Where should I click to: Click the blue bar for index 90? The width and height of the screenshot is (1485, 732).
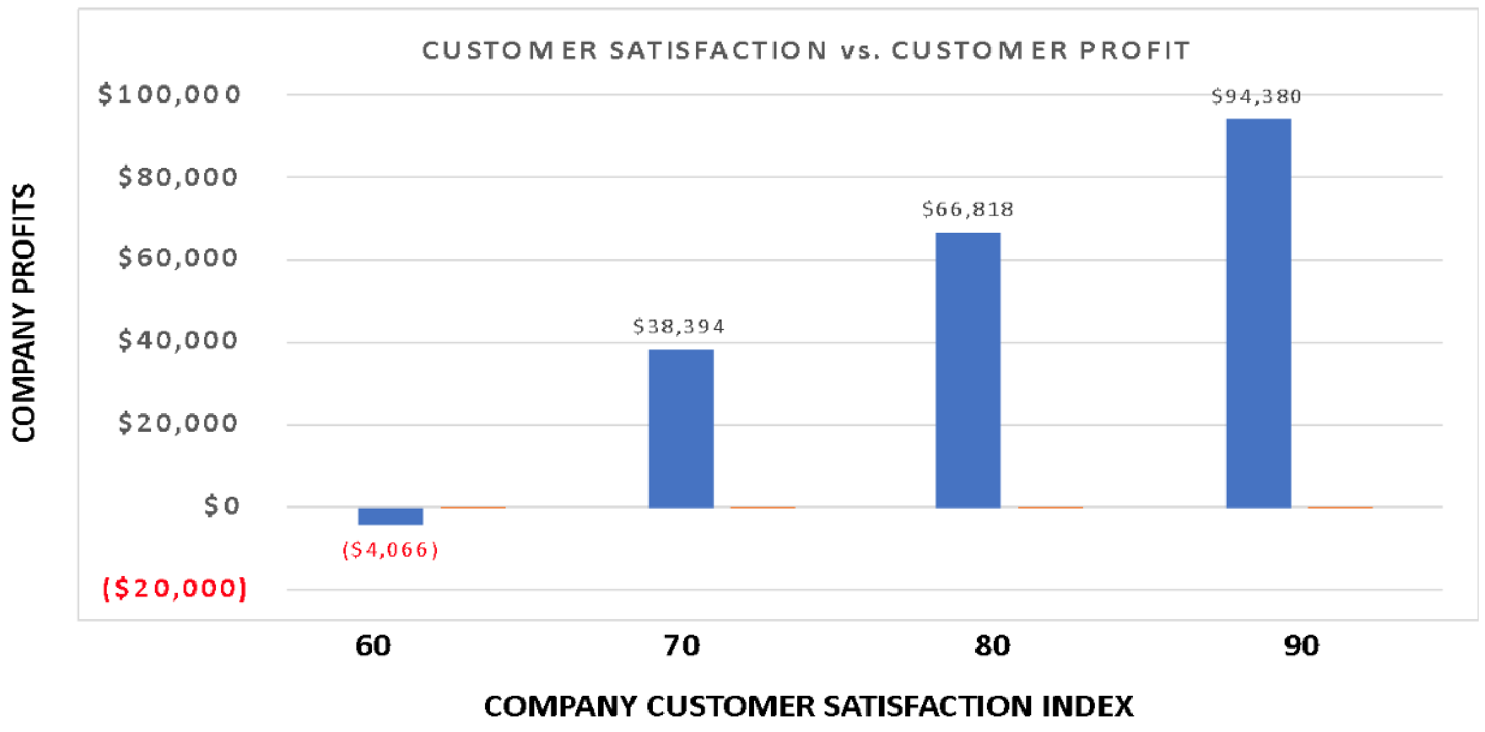click(x=1258, y=313)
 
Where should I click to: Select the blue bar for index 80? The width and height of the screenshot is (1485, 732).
click(x=968, y=370)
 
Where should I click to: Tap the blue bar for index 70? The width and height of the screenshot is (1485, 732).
click(x=681, y=429)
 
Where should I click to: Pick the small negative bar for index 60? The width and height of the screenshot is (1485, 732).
click(x=390, y=516)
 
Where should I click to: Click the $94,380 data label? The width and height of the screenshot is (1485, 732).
click(x=1256, y=96)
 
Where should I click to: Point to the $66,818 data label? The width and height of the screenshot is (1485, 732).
click(x=968, y=209)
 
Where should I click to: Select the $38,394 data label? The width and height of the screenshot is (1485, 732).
click(x=679, y=326)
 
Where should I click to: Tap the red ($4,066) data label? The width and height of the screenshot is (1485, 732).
click(x=390, y=550)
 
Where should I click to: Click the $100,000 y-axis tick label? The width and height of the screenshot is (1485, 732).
click(x=169, y=94)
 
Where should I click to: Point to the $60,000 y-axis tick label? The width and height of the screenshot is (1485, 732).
click(x=178, y=258)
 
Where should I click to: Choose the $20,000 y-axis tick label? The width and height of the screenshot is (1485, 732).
click(x=178, y=423)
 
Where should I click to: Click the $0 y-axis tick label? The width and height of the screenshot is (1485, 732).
click(x=222, y=505)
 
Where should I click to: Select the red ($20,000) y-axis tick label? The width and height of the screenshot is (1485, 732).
click(x=175, y=588)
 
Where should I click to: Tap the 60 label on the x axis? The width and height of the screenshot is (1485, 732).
click(x=373, y=645)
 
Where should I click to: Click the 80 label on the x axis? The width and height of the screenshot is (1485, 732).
click(x=992, y=645)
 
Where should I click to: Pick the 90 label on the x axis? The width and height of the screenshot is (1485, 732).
click(x=1301, y=645)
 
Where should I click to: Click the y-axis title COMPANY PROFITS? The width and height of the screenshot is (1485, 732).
click(x=24, y=313)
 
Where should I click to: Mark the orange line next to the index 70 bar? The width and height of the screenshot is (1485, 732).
click(x=762, y=507)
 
